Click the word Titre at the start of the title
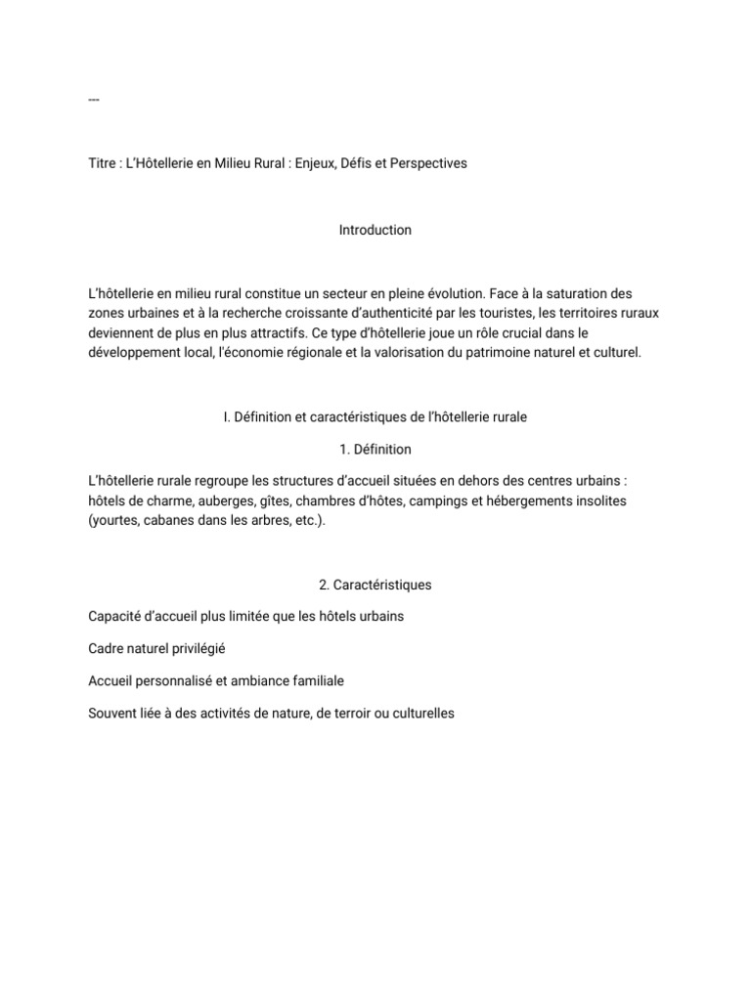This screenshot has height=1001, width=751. pos(102,163)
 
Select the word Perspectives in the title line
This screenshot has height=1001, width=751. pos(428,163)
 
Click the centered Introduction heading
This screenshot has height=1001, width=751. pos(375,230)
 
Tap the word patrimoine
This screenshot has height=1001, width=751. pos(482,352)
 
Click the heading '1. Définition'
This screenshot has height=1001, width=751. pos(375,450)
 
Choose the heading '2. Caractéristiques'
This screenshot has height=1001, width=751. pos(375,585)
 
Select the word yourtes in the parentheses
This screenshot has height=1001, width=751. pos(113,520)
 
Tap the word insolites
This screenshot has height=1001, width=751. pos(599,500)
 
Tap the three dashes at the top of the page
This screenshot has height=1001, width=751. pos(94,100)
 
